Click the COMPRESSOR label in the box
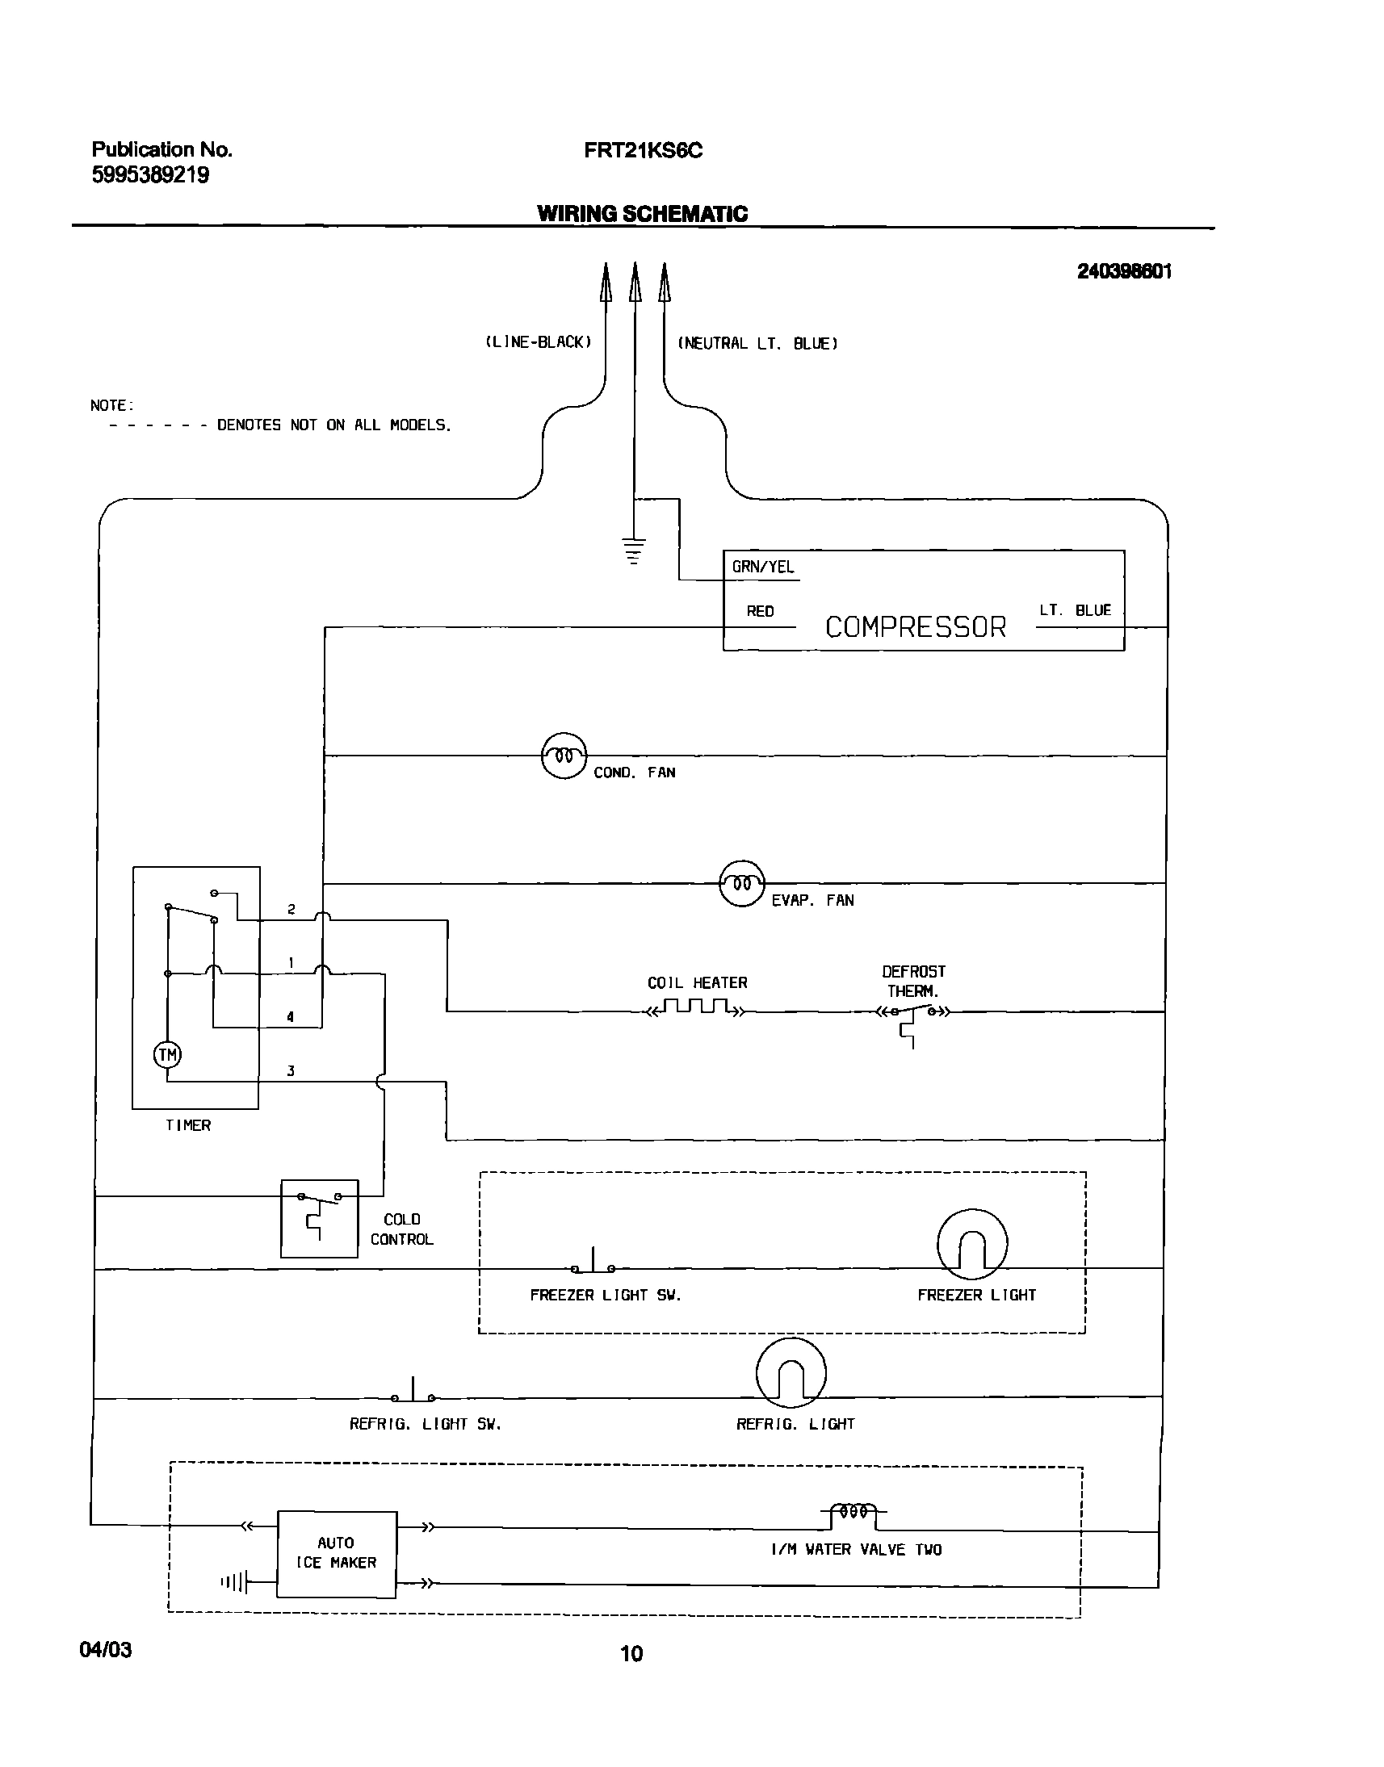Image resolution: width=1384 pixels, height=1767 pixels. tap(915, 627)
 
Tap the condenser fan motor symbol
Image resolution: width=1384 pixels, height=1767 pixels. tap(564, 756)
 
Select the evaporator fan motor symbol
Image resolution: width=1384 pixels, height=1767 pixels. tap(741, 883)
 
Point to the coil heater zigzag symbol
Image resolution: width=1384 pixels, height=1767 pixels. tap(695, 1009)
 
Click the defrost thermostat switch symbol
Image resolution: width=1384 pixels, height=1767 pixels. tap(912, 1015)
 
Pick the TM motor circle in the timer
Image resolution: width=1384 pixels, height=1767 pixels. tap(168, 1054)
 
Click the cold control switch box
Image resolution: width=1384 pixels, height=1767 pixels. tap(319, 1218)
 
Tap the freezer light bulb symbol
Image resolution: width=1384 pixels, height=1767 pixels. tap(971, 1246)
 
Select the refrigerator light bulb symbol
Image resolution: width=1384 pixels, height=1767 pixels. tap(791, 1374)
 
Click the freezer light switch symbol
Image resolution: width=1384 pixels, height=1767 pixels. tap(593, 1265)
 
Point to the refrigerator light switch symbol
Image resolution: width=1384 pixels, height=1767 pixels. tap(413, 1393)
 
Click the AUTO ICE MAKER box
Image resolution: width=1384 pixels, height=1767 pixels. tap(336, 1553)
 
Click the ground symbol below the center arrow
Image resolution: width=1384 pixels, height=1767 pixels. tap(635, 550)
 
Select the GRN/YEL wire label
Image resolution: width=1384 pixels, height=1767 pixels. tap(762, 567)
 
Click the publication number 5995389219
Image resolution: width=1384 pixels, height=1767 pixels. tap(150, 175)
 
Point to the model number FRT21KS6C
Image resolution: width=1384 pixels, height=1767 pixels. tap(643, 151)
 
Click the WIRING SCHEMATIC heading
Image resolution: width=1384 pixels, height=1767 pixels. tap(642, 214)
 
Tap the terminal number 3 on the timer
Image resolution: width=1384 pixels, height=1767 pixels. tap(290, 1071)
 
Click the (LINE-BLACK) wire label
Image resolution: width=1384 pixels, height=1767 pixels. tap(538, 342)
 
